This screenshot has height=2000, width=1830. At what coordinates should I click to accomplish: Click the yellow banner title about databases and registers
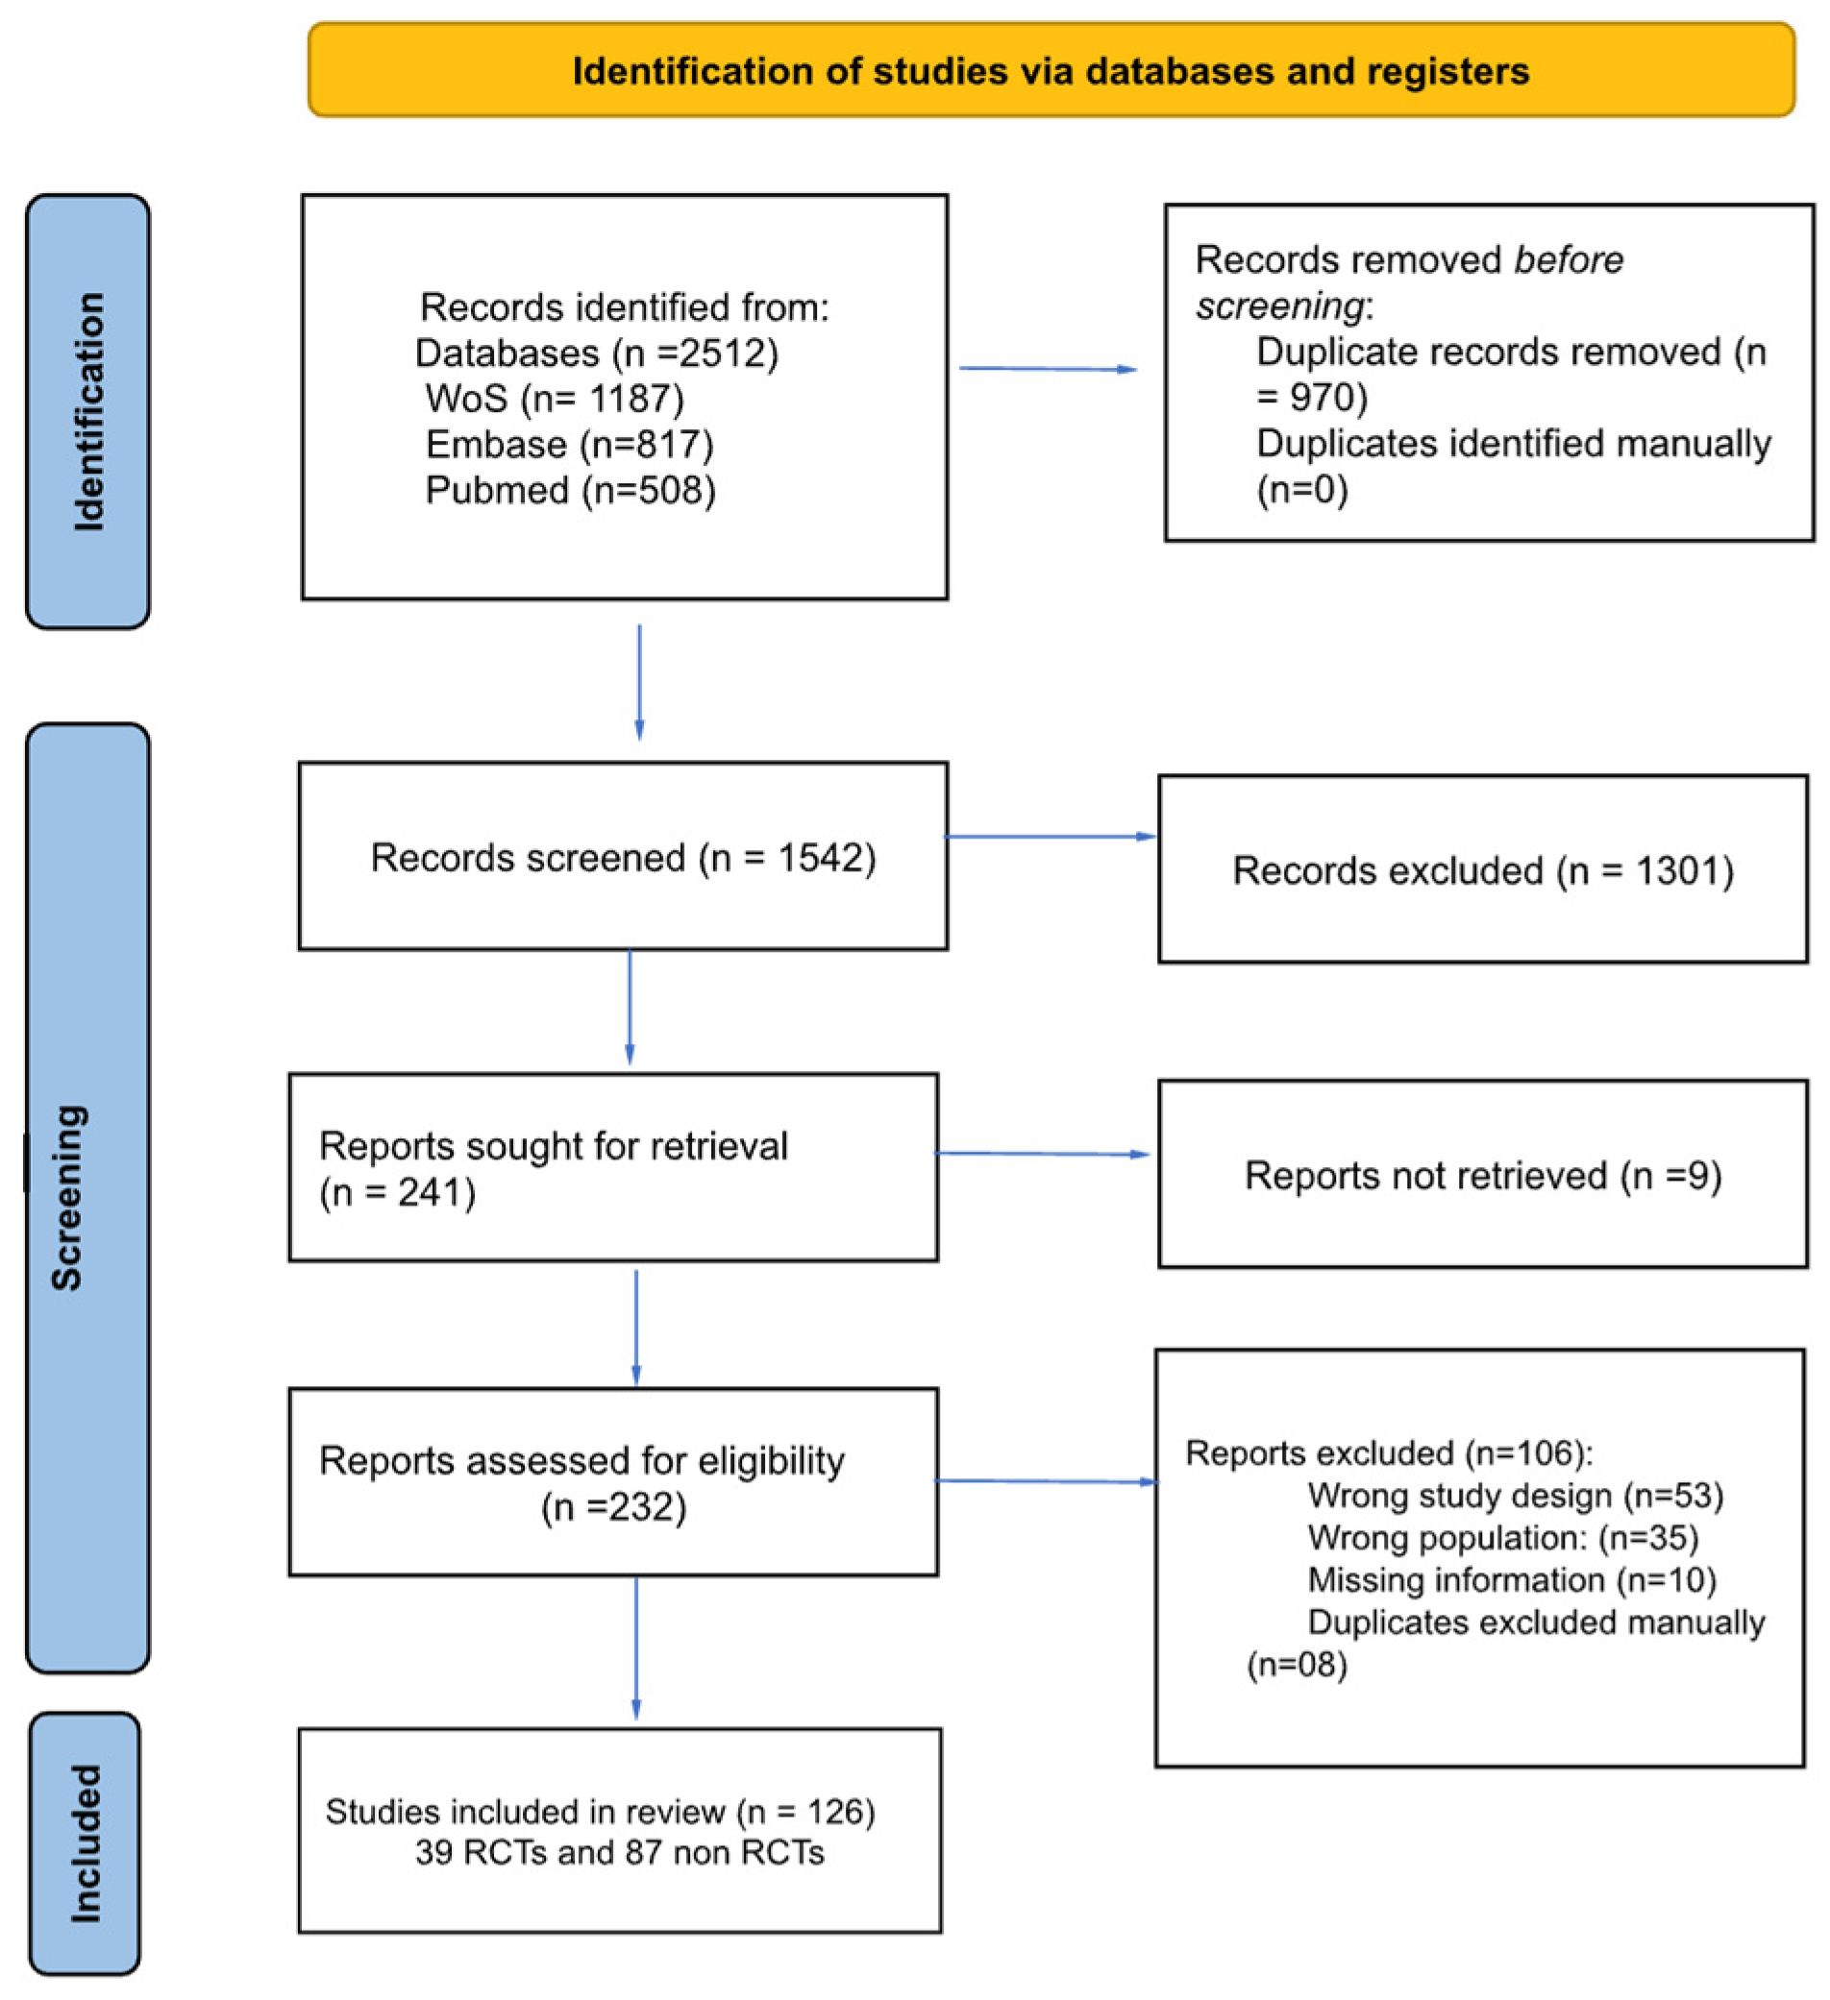point(1050,71)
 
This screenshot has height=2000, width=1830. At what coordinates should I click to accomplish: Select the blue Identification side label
point(88,412)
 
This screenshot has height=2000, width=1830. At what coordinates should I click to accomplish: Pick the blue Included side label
point(86,1843)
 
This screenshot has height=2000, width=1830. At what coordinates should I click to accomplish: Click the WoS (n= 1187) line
point(555,399)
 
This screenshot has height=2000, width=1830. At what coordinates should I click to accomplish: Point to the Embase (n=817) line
point(570,445)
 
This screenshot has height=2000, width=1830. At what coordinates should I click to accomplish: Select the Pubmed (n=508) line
point(571,490)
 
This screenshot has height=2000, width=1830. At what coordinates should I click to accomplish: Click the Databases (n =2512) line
point(597,354)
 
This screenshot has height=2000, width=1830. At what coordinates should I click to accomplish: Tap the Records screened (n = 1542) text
point(623,858)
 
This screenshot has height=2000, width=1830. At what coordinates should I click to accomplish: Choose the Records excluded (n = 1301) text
point(1483,871)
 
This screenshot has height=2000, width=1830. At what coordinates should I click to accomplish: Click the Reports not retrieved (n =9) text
point(1483,1176)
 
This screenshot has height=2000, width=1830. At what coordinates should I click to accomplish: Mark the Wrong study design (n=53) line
point(1516,1495)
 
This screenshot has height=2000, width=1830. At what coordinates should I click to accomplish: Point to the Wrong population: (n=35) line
point(1502,1538)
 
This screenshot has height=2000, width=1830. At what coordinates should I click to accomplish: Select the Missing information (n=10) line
point(1512,1579)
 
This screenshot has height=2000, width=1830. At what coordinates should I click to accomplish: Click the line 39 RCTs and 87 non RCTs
point(619,1852)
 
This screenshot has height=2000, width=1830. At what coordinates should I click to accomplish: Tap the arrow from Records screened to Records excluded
point(1050,837)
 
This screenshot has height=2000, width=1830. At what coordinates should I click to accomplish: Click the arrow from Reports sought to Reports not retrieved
point(1042,1154)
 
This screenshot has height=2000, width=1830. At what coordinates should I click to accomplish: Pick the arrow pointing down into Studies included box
point(636,1646)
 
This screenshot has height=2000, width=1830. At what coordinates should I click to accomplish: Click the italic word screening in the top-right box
point(1279,306)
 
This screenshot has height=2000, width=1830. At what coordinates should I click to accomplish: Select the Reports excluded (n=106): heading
point(1389,1453)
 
